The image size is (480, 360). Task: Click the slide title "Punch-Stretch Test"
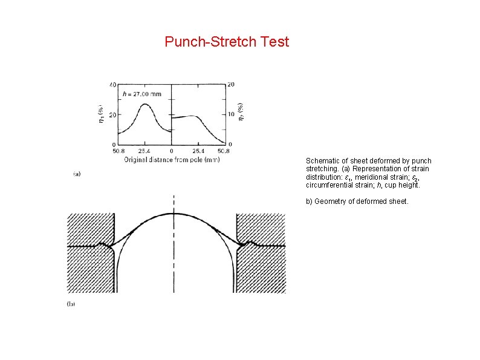pos(227,42)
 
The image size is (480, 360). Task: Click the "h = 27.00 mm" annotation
pos(142,94)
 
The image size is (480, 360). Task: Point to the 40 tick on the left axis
pos(112,84)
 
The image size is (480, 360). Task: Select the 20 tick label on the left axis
pos(112,114)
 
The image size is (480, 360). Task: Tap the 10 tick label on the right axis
pos(230,114)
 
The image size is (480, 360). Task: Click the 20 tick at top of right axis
pos(230,84)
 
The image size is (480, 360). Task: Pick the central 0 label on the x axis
pos(172,151)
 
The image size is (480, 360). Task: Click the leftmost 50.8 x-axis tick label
pos(118,151)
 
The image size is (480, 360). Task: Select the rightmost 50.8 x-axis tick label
pos(223,151)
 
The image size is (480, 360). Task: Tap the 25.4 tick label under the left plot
pos(144,151)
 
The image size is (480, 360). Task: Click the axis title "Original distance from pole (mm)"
pos(172,160)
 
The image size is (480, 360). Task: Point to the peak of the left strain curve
pos(144,104)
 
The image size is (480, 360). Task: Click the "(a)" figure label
pos(77,174)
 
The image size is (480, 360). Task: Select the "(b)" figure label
pos(71,304)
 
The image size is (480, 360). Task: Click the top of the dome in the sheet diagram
pos(175,213)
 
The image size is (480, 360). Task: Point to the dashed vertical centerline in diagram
pos(174,254)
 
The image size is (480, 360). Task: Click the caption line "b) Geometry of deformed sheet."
pos(357,201)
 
